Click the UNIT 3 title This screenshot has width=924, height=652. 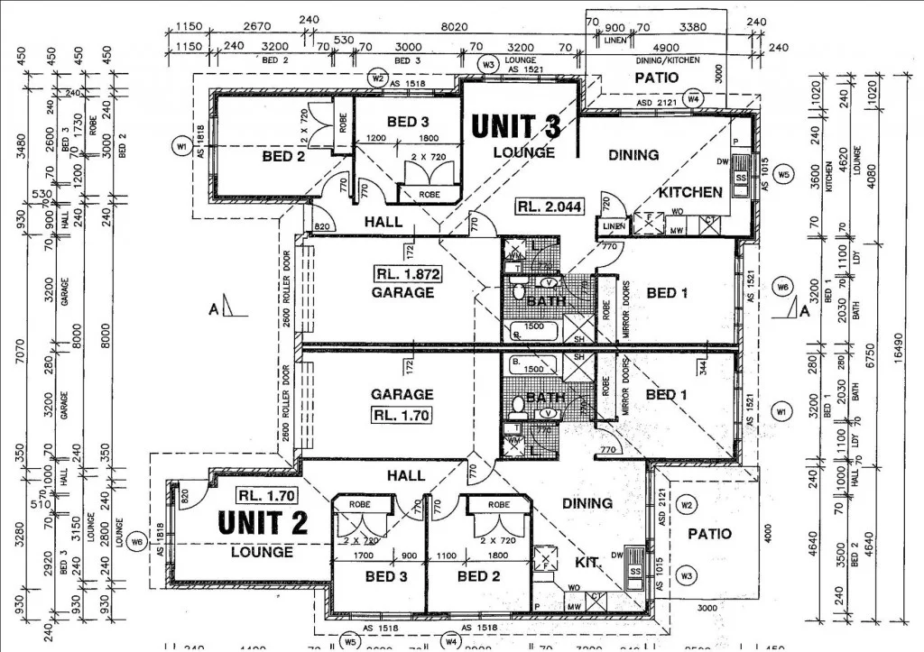click(516, 126)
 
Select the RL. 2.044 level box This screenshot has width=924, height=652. click(550, 207)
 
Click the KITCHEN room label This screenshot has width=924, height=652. click(690, 192)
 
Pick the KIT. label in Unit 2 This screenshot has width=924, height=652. click(588, 562)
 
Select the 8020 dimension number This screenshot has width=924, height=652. click(454, 28)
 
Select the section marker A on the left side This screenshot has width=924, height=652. click(214, 310)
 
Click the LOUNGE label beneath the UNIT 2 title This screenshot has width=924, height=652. click(262, 552)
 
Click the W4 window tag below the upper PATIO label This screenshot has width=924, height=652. click(693, 97)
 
